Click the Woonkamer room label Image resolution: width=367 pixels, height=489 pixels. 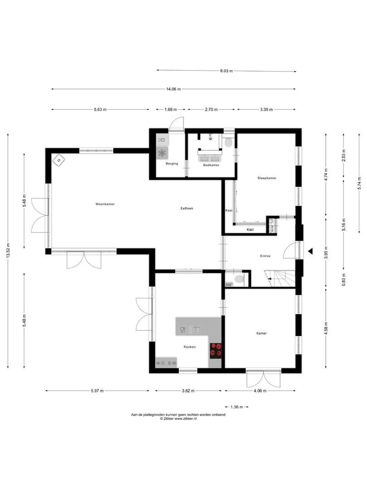105,204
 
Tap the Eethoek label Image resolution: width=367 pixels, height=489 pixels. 187,208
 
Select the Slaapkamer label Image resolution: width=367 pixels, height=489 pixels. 267,178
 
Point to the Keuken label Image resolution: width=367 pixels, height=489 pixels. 189,347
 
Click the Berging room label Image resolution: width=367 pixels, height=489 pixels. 172,163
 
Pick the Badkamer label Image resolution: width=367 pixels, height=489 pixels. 211,165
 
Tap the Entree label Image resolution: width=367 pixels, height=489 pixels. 265,256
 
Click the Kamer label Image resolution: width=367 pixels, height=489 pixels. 261,333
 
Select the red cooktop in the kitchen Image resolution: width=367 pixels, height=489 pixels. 216,350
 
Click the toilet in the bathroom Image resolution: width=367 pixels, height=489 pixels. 228,142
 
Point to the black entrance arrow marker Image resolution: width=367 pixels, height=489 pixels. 310,251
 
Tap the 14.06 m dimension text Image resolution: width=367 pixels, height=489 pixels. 174,89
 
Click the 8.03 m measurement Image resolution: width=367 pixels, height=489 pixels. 226,71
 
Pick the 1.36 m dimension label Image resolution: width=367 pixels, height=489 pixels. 237,407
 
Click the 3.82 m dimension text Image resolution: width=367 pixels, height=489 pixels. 188,391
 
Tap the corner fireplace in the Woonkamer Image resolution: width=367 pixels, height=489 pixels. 58,161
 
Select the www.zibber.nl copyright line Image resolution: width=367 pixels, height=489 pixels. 178,419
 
